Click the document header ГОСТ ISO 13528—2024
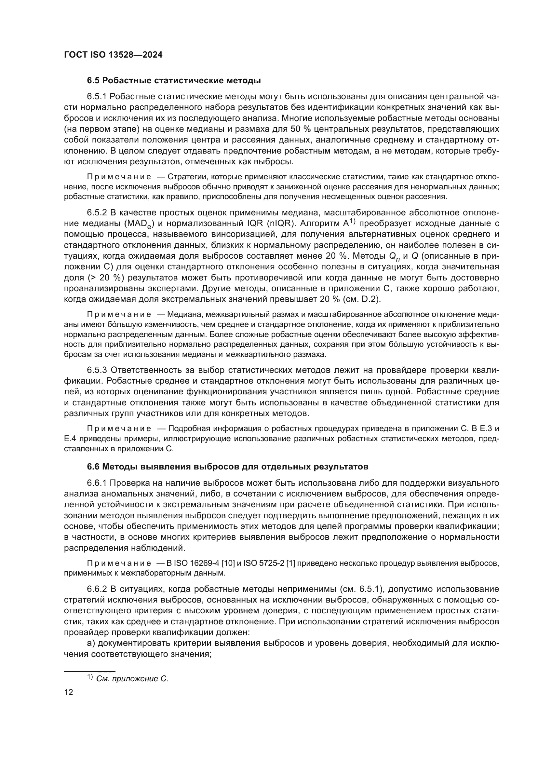click(x=113, y=55)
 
